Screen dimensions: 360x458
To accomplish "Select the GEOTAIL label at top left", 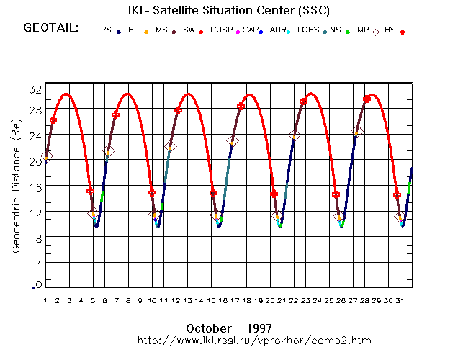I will tap(50, 29).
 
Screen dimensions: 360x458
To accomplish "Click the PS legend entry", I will tap(107, 30).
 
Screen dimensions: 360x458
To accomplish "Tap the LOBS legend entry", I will tap(307, 30).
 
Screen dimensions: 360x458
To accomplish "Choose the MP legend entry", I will tap(365, 30).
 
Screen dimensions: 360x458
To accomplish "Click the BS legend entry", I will tap(390, 30).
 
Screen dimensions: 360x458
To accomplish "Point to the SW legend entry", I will tap(189, 30).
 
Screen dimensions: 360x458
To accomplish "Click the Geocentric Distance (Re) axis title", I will tap(15, 187).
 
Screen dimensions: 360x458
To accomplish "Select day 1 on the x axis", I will tap(45, 300).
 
